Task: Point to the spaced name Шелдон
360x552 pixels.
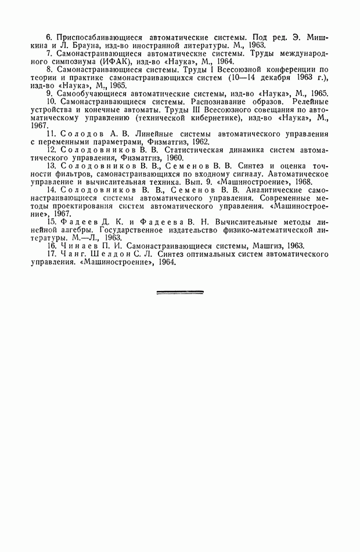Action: (110, 254)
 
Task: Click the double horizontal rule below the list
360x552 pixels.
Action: (180, 292)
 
